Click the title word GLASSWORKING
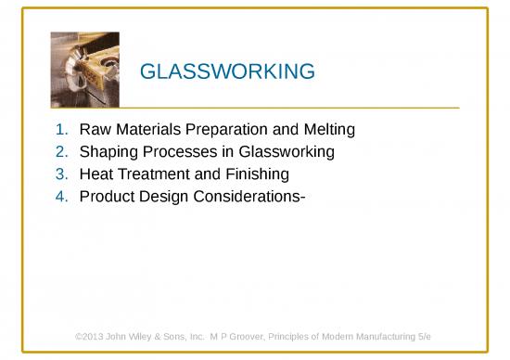pos(226,71)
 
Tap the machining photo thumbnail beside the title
pos(84,71)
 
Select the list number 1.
pos(60,130)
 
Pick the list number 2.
pos(60,152)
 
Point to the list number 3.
pos(60,174)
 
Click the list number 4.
pos(60,196)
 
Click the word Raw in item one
pos(95,130)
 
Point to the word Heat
pos(96,174)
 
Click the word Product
pos(107,196)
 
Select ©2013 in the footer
pos(90,335)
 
